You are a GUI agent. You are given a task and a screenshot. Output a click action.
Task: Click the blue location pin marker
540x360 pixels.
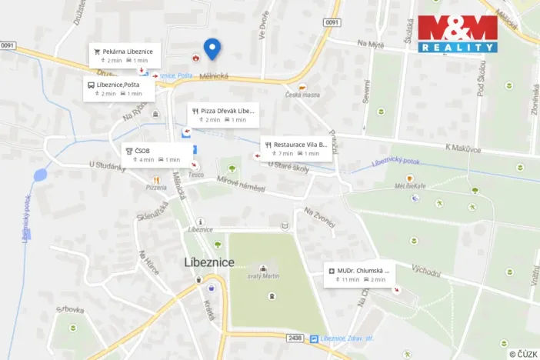coord(212,49)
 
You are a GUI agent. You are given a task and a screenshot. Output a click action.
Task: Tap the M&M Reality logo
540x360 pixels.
coord(457,33)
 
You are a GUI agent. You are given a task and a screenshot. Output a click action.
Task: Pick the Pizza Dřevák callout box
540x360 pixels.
coord(222,115)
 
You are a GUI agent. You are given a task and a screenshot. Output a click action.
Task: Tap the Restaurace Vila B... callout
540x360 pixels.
coord(296,148)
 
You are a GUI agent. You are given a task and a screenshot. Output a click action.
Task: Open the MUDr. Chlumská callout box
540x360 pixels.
coord(359,274)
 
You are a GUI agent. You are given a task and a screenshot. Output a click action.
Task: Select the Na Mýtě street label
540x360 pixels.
coord(372,44)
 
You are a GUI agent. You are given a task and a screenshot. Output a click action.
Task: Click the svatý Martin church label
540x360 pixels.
coord(263,276)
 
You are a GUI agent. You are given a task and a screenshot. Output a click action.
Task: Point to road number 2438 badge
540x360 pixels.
coord(295,338)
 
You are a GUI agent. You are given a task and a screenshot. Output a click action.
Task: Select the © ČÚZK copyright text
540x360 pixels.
coord(523,353)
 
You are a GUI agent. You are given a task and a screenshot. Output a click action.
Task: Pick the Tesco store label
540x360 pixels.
coord(197,174)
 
